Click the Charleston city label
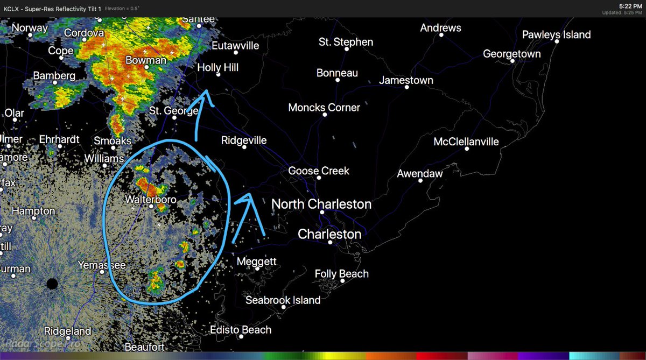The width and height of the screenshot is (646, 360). pyautogui.click(x=329, y=235)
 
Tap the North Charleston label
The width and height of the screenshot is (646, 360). pyautogui.click(x=321, y=204)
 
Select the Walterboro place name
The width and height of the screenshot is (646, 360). pyautogui.click(x=151, y=200)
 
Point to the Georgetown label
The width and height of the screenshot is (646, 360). pyautogui.click(x=511, y=54)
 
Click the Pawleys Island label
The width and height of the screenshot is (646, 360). pyautogui.click(x=556, y=35)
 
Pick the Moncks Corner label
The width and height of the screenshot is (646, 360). pyautogui.click(x=324, y=108)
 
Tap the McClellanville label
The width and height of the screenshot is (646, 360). pyautogui.click(x=466, y=142)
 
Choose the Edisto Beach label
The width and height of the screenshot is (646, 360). pyautogui.click(x=240, y=330)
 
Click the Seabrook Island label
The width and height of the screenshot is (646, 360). pyautogui.click(x=283, y=300)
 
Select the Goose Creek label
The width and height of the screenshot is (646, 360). pyautogui.click(x=319, y=171)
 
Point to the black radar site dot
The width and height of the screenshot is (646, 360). pyautogui.click(x=52, y=284)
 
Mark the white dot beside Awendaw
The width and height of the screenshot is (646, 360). pyautogui.click(x=420, y=181)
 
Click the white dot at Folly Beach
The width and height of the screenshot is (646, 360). pyautogui.click(x=341, y=281)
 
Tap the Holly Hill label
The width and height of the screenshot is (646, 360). pyautogui.click(x=217, y=68)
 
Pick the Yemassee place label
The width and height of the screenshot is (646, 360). pyautogui.click(x=102, y=266)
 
